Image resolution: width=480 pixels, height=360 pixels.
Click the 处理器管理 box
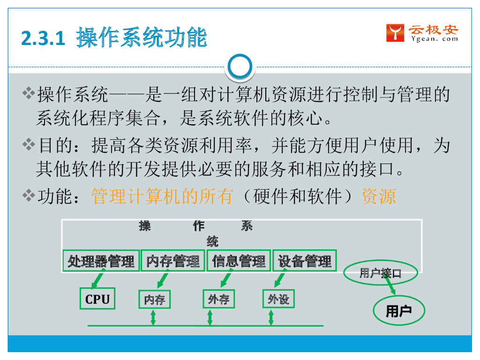[101, 261]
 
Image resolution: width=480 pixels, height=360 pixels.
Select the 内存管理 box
[173, 261]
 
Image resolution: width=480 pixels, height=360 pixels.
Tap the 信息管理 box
[239, 261]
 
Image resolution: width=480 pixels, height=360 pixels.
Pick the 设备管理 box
[305, 261]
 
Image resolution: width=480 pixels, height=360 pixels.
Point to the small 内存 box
[155, 300]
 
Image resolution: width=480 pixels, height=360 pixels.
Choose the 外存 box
[218, 299]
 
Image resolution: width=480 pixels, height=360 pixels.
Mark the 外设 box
[278, 299]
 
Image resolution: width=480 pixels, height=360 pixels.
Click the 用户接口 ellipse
[380, 273]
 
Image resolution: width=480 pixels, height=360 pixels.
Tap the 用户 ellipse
[398, 311]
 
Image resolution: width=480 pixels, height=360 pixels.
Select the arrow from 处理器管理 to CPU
[97, 280]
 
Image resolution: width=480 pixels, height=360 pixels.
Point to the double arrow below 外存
[210, 317]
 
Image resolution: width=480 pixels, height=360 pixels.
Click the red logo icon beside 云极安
[395, 33]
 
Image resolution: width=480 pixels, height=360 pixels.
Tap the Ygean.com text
[434, 39]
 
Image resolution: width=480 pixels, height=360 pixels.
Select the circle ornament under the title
[240, 67]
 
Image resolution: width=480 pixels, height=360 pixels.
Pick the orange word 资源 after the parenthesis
[379, 196]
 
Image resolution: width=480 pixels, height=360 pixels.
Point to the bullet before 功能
[29, 195]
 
